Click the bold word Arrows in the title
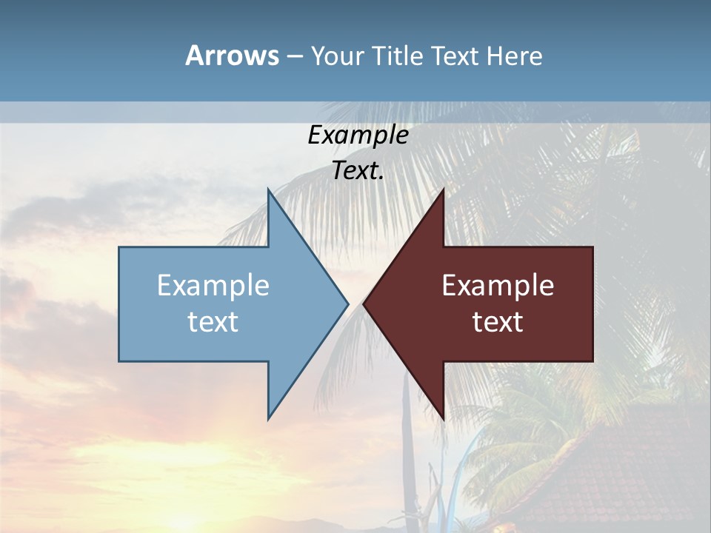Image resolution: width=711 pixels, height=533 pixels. pyautogui.click(x=232, y=56)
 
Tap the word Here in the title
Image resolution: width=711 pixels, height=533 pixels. pyautogui.click(x=514, y=56)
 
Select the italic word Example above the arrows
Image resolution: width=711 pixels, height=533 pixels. pyautogui.click(x=358, y=135)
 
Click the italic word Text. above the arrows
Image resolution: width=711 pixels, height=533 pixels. pyautogui.click(x=358, y=170)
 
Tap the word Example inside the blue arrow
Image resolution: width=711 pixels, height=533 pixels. pyautogui.click(x=213, y=285)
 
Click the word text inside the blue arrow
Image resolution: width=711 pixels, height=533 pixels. pyautogui.click(x=213, y=321)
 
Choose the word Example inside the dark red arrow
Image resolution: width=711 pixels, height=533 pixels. pyautogui.click(x=498, y=285)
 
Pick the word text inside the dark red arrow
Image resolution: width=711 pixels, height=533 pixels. pyautogui.click(x=498, y=321)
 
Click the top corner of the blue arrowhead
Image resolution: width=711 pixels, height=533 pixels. pyautogui.click(x=269, y=190)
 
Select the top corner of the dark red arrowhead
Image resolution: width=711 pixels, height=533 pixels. pyautogui.click(x=443, y=190)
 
